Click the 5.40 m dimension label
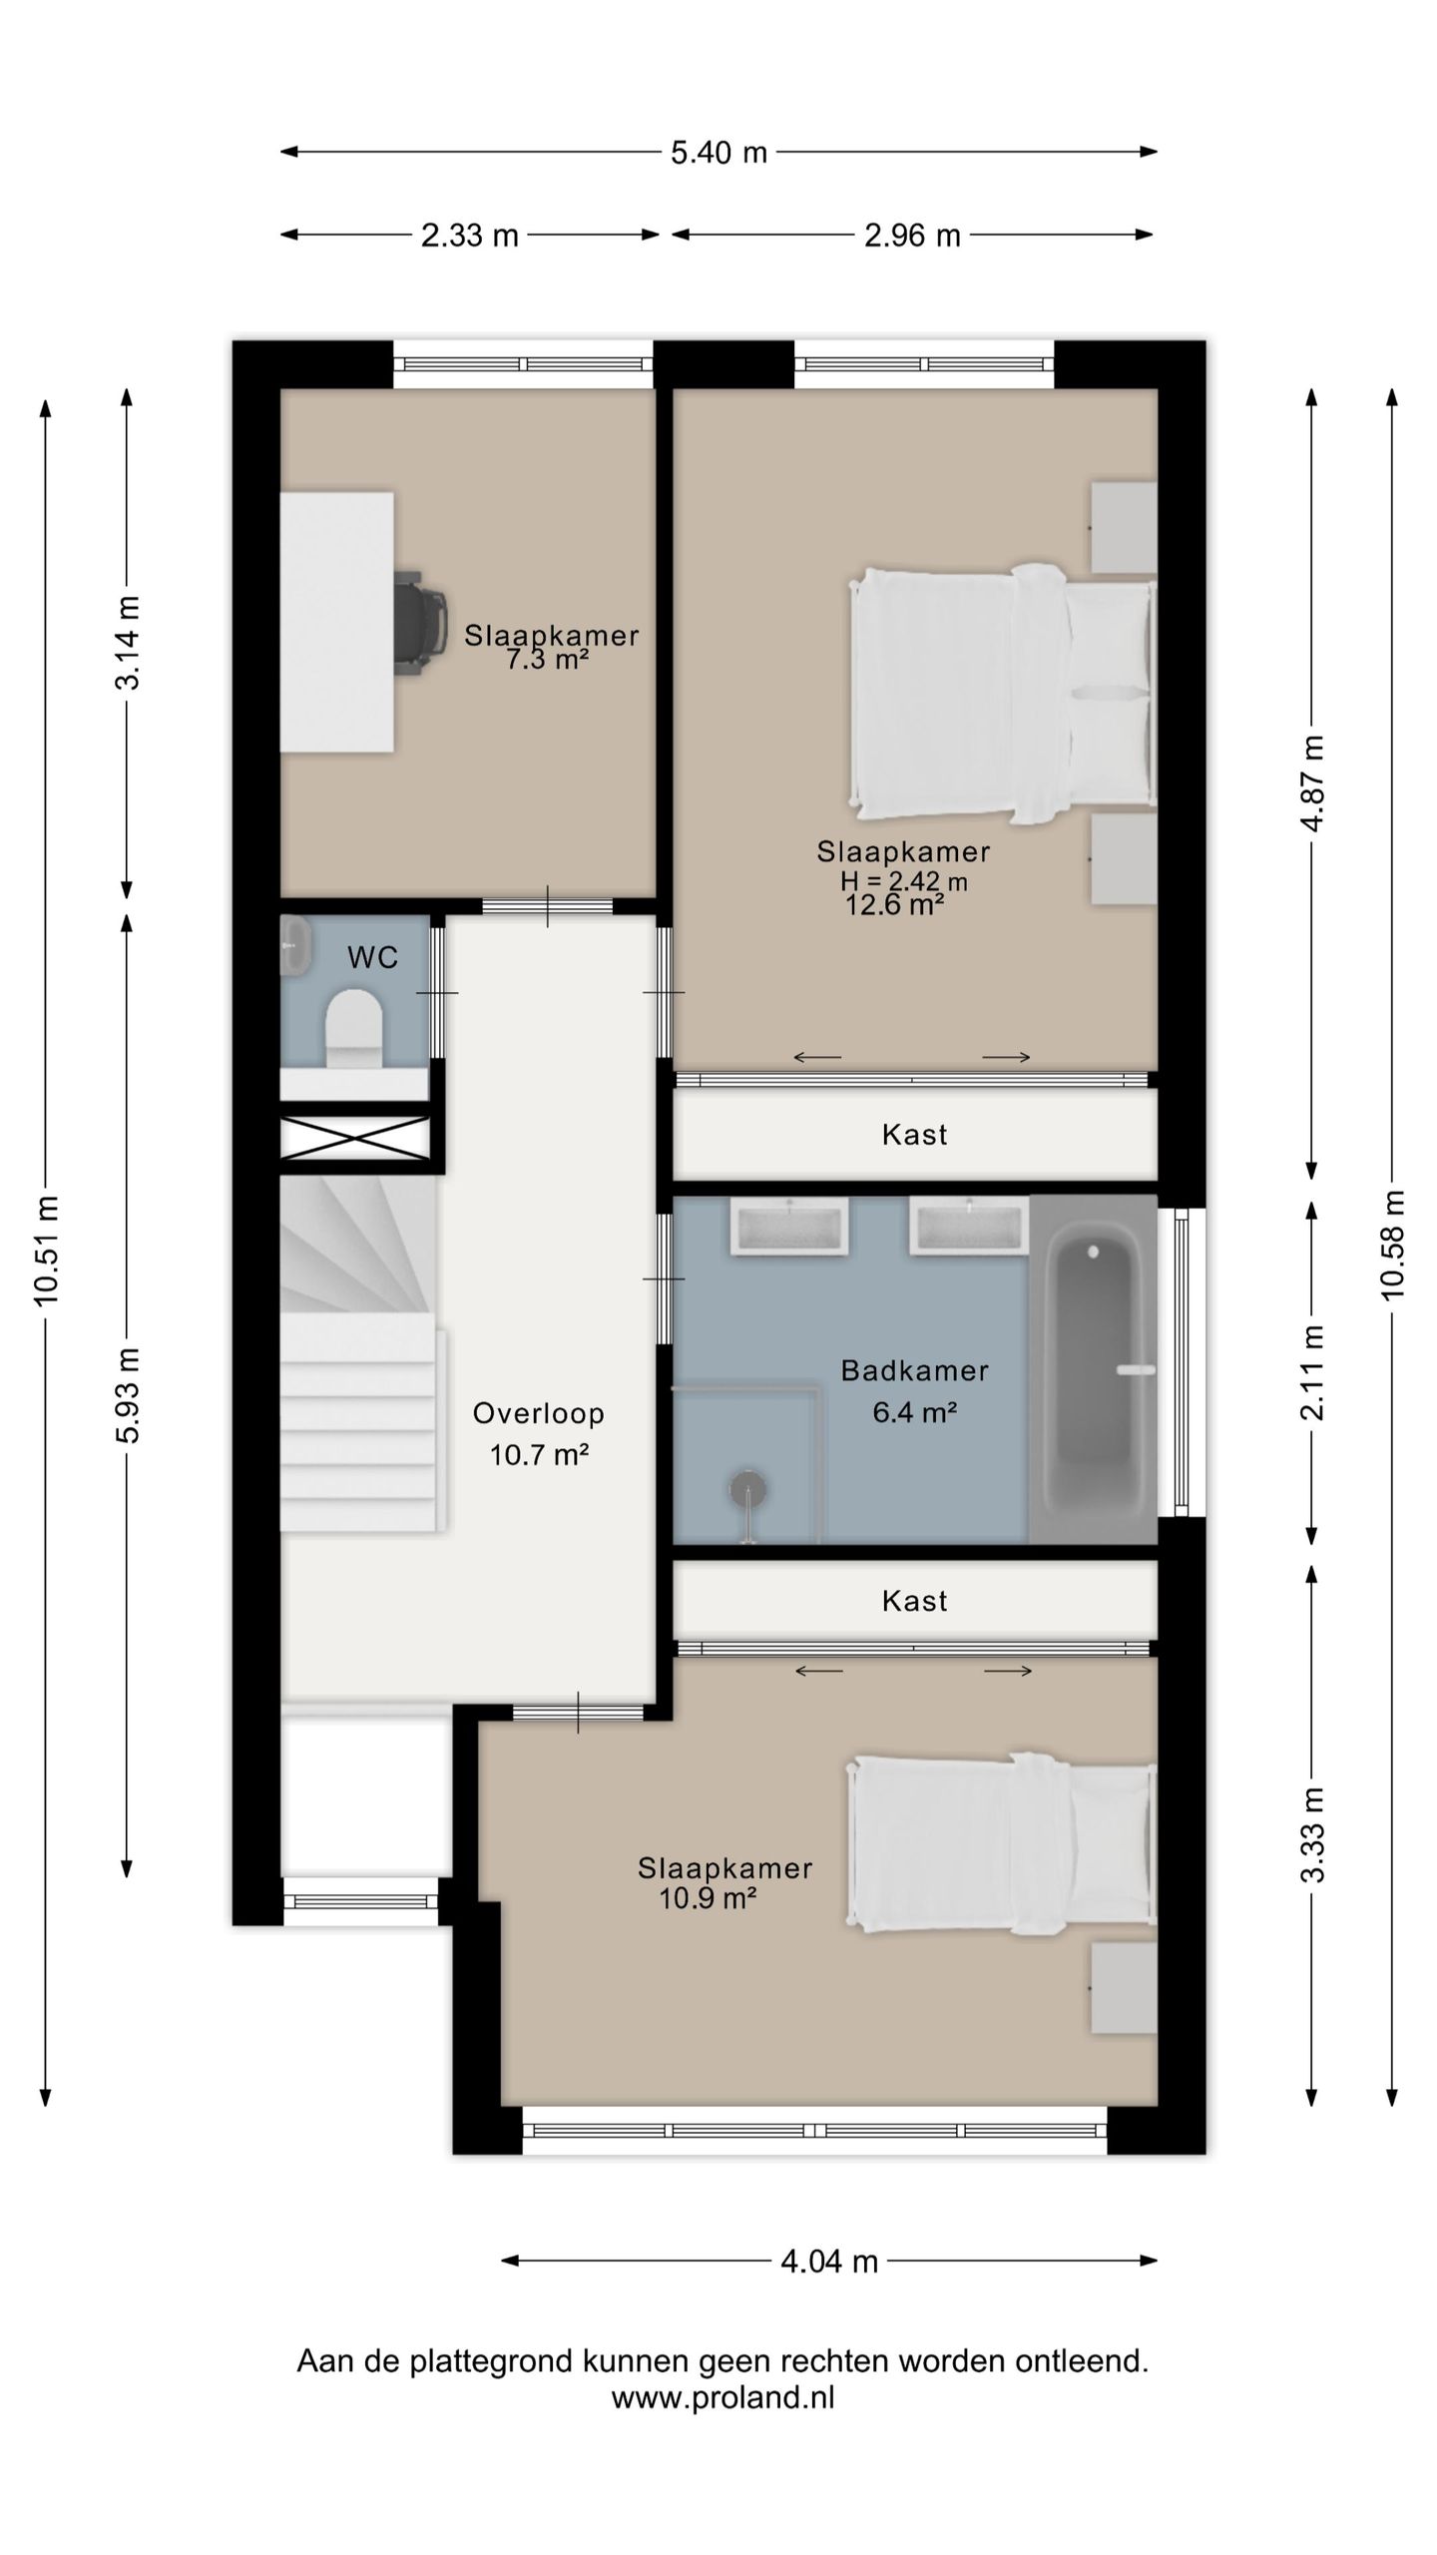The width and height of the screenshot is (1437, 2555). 718,153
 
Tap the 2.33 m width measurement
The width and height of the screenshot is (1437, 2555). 469,236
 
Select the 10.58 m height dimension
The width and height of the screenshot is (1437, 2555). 1392,1244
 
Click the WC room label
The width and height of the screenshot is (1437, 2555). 372,958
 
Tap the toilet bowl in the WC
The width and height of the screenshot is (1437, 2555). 354,1028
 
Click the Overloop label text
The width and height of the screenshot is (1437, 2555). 539,1413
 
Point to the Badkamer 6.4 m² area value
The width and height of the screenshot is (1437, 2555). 915,1412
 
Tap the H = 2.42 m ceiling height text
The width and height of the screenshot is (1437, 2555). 904,881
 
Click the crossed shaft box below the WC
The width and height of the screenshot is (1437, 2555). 354,1139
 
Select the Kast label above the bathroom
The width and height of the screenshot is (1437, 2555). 914,1135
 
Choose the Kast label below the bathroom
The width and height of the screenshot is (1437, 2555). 914,1601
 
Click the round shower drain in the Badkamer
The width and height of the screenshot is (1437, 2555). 747,1489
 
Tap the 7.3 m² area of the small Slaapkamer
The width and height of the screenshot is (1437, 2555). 546,660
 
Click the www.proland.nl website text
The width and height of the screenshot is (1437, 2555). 722,2396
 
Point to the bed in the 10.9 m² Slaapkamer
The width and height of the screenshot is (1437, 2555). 1002,1842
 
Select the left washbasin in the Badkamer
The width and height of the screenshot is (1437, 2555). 789,1225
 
